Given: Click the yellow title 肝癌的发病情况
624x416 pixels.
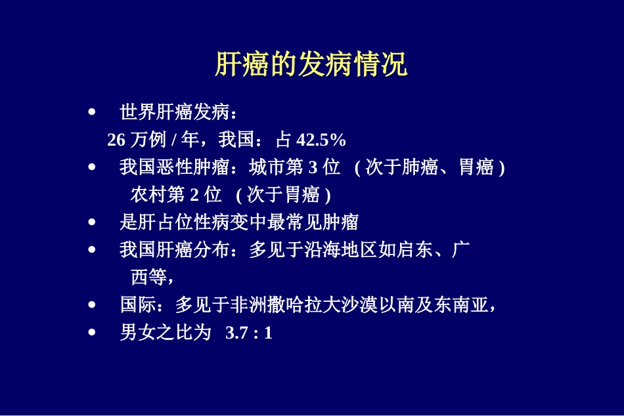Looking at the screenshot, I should (x=311, y=65).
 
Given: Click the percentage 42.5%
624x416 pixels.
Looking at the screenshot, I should (x=321, y=140).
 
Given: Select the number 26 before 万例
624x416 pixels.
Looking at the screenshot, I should (x=116, y=140).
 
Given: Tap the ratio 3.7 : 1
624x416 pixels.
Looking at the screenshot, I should (x=248, y=333).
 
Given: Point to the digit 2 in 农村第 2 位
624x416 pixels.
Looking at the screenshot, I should (x=194, y=195).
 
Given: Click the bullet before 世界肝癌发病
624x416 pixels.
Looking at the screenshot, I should (x=91, y=112).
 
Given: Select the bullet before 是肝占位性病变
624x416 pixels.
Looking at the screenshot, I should (x=91, y=222).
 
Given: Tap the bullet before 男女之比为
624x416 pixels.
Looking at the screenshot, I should (x=91, y=333).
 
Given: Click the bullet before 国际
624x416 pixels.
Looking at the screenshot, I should (x=91, y=305).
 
